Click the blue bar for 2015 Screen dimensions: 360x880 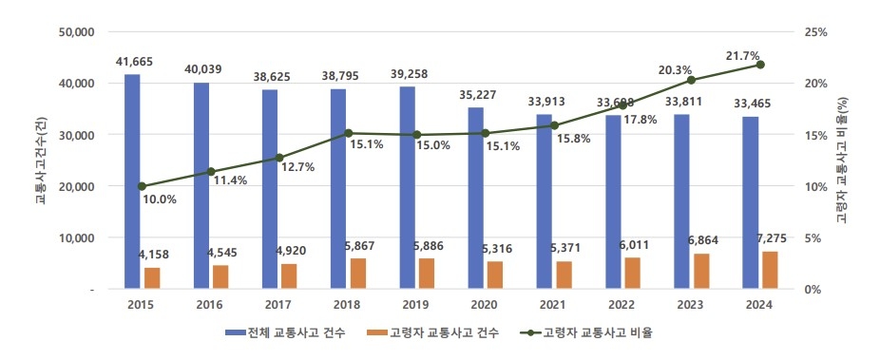coord(132,180)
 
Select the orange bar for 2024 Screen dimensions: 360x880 coord(770,270)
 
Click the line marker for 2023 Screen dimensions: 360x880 coord(691,80)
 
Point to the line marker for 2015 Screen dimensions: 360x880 coord(143,186)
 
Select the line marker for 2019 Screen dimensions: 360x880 coord(417,135)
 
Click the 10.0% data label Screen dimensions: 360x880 coord(160,199)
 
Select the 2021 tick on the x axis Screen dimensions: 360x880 coord(554,304)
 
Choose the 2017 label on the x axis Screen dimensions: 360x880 coord(278,304)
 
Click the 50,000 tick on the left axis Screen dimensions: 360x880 coord(76,31)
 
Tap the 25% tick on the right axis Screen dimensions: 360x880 coord(815,31)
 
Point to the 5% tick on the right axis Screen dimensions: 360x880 coord(813,237)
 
